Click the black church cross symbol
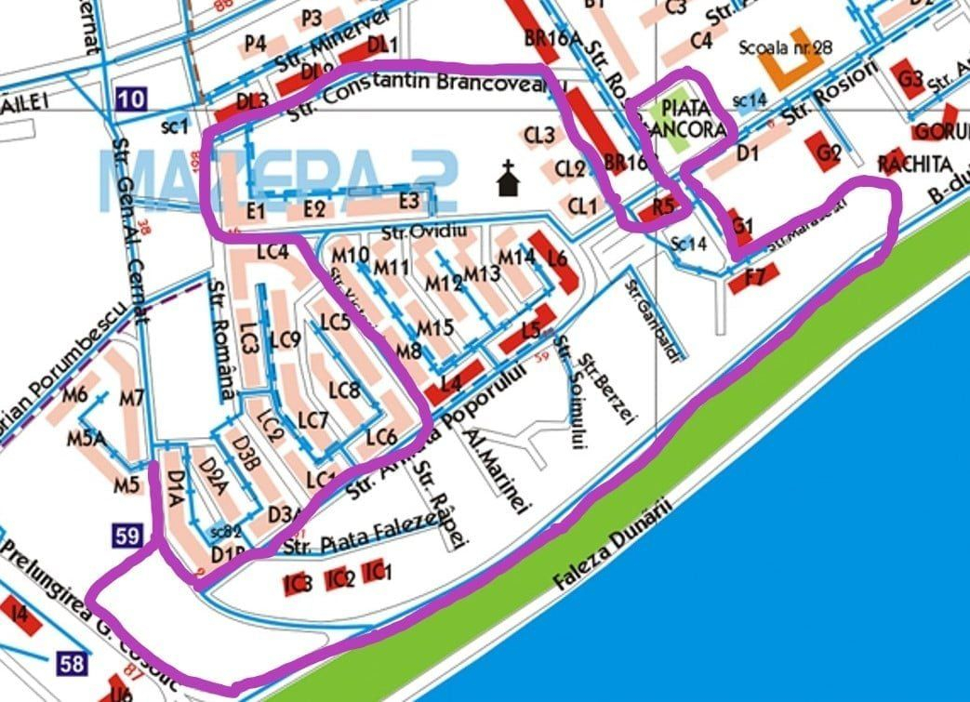click(x=508, y=178)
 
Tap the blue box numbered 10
click(x=132, y=99)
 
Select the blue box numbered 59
click(x=127, y=536)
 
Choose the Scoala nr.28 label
click(x=785, y=46)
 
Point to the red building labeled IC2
click(x=340, y=580)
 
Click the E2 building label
click(x=314, y=209)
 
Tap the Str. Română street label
click(x=223, y=340)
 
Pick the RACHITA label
click(x=915, y=166)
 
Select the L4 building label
click(x=452, y=381)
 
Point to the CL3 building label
click(x=538, y=136)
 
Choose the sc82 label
click(x=225, y=532)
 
